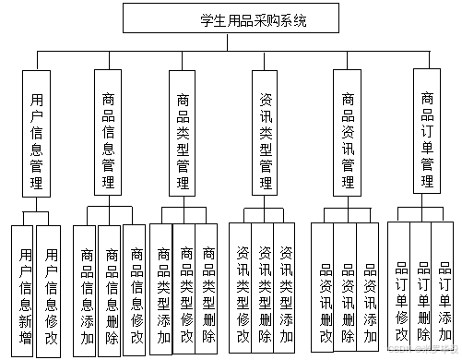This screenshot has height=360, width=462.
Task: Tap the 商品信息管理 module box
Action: (x=110, y=139)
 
